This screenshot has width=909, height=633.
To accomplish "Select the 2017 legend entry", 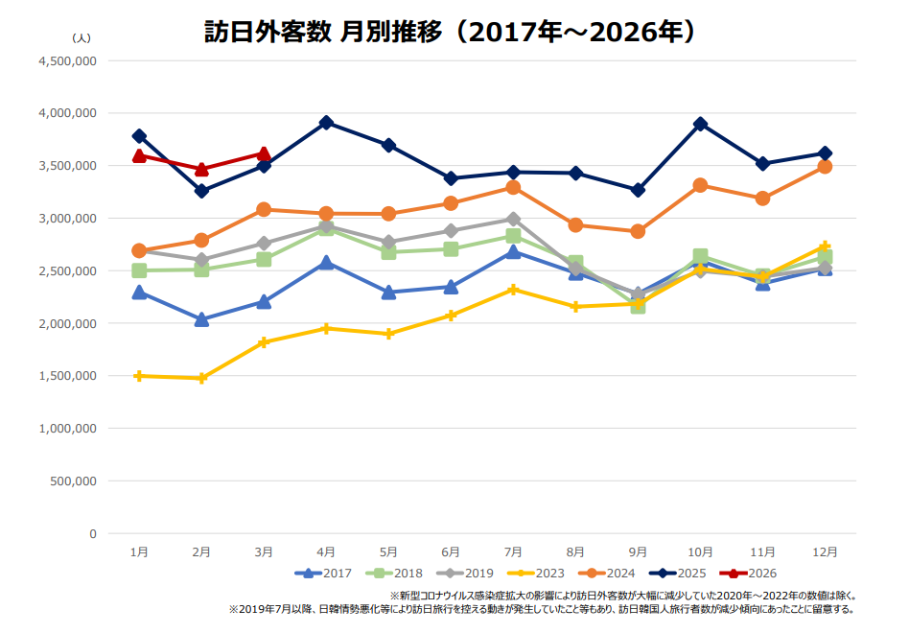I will pyautogui.click(x=325, y=573).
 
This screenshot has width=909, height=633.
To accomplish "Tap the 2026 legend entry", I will pyautogui.click(x=752, y=573).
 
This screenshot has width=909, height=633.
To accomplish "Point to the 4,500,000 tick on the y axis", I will pyautogui.click(x=67, y=60).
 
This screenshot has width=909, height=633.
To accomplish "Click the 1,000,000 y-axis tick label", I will pyautogui.click(x=67, y=428).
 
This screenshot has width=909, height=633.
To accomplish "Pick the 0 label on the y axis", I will pyautogui.click(x=93, y=533).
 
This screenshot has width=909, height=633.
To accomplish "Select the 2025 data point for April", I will pyautogui.click(x=326, y=123).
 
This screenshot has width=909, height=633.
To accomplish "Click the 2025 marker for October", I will pyautogui.click(x=700, y=124).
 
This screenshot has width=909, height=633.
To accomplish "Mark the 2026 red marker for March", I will pyautogui.click(x=264, y=153).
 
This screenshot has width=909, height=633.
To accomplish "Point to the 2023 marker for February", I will pyautogui.click(x=201, y=379).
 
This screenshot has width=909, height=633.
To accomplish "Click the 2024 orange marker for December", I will pyautogui.click(x=825, y=167).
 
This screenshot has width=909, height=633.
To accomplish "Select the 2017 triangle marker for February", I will pyautogui.click(x=201, y=319).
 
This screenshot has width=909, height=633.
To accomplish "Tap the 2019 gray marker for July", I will pyautogui.click(x=513, y=219).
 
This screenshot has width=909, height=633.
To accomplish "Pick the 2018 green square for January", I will pyautogui.click(x=139, y=270).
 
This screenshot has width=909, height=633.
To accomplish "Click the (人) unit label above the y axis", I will pyautogui.click(x=82, y=37).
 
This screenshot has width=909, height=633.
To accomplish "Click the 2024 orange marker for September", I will pyautogui.click(x=638, y=231).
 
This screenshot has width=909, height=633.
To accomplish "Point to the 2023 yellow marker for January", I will pyautogui.click(x=139, y=376).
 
